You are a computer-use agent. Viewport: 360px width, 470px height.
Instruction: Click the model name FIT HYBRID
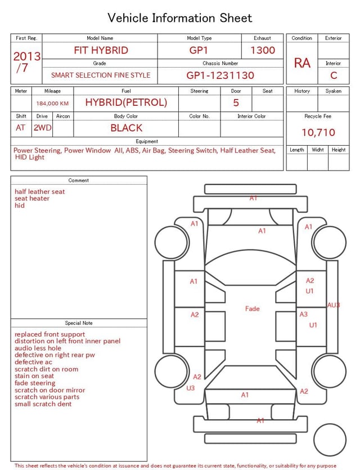pos(101,50)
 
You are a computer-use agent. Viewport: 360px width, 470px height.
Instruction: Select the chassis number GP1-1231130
pos(220,75)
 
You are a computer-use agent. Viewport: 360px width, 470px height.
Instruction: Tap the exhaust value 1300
pos(263,50)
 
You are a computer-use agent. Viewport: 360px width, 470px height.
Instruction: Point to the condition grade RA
pos(302,63)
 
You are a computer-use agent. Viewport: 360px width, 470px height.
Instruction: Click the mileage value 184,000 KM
pos(52,104)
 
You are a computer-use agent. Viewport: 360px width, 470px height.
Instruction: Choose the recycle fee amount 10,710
pos(318,132)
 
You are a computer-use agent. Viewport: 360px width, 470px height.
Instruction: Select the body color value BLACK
pos(127,128)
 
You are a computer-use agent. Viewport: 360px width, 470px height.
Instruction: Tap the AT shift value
pos(20,128)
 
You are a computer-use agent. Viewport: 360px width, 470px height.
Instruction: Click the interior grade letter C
pos(334,75)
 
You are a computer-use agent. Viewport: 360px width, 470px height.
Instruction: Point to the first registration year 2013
pos(26,56)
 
